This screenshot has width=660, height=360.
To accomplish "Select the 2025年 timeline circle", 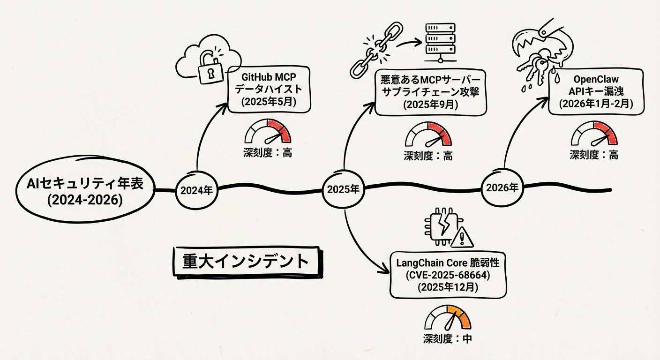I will [343, 190].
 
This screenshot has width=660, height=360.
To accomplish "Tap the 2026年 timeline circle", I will [502, 188].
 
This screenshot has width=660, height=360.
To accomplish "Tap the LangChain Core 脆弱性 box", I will [449, 275].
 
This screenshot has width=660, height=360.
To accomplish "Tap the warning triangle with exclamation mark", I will [461, 238].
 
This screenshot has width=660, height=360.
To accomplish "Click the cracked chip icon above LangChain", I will [439, 225].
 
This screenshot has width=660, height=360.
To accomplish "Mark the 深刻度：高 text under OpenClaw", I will [594, 155].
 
